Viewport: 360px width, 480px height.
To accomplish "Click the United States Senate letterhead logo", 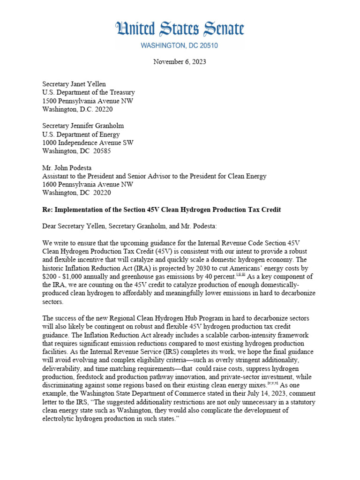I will pyautogui.click(x=180, y=30).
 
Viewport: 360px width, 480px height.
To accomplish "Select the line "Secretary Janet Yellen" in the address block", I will pyautogui.click(x=74, y=84).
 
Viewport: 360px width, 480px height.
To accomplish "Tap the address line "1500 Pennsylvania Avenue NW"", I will pyautogui.click(x=88, y=101).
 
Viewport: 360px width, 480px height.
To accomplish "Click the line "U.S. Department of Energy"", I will pyautogui.click(x=81, y=135).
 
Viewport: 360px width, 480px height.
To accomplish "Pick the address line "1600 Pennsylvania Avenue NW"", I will pyautogui.click(x=88, y=184).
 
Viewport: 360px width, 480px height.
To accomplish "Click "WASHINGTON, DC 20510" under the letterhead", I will pyautogui.click(x=180, y=46).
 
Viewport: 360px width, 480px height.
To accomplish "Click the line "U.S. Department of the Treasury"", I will pyautogui.click(x=88, y=92).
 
